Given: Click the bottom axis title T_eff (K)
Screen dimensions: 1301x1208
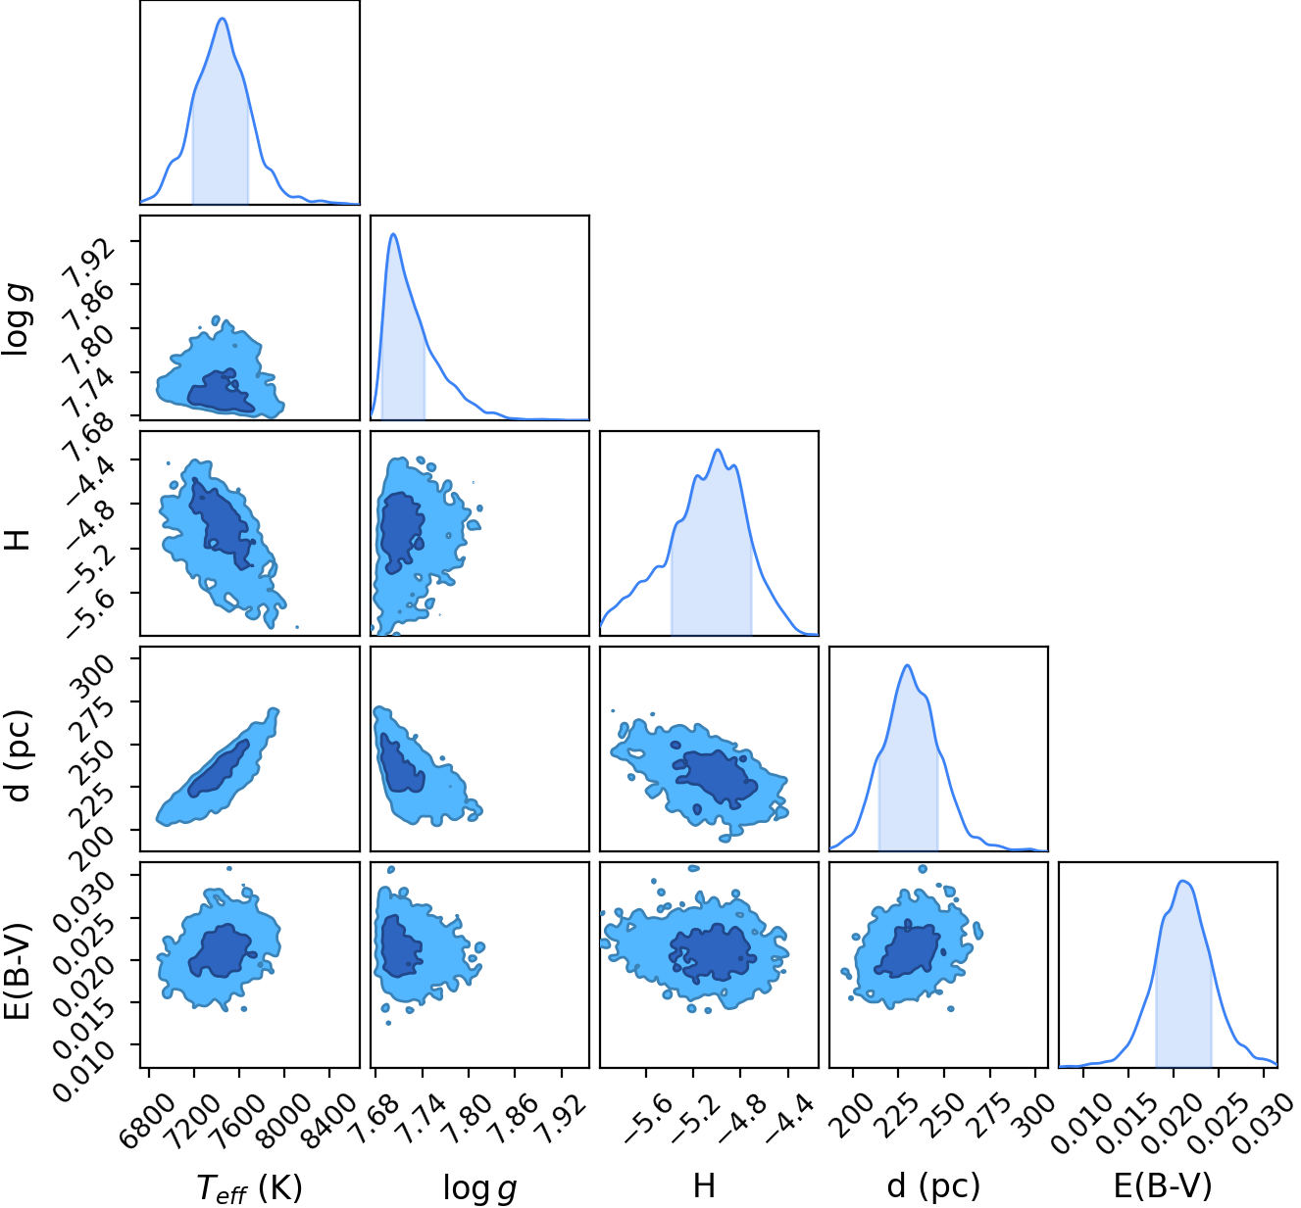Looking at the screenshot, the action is pyautogui.click(x=249, y=1186).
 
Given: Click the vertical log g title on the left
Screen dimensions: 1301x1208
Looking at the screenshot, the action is pyautogui.click(x=17, y=316).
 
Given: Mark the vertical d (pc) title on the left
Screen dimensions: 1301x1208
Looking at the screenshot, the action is pyautogui.click(x=17, y=755).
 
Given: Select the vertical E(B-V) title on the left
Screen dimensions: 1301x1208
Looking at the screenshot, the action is pyautogui.click(x=17, y=971).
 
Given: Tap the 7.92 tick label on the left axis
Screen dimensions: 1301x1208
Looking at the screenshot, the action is pyautogui.click(x=92, y=266).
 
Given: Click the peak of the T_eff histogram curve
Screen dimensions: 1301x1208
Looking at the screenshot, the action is pyautogui.click(x=223, y=19).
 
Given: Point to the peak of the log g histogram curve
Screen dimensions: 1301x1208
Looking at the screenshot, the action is pyautogui.click(x=394, y=234).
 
